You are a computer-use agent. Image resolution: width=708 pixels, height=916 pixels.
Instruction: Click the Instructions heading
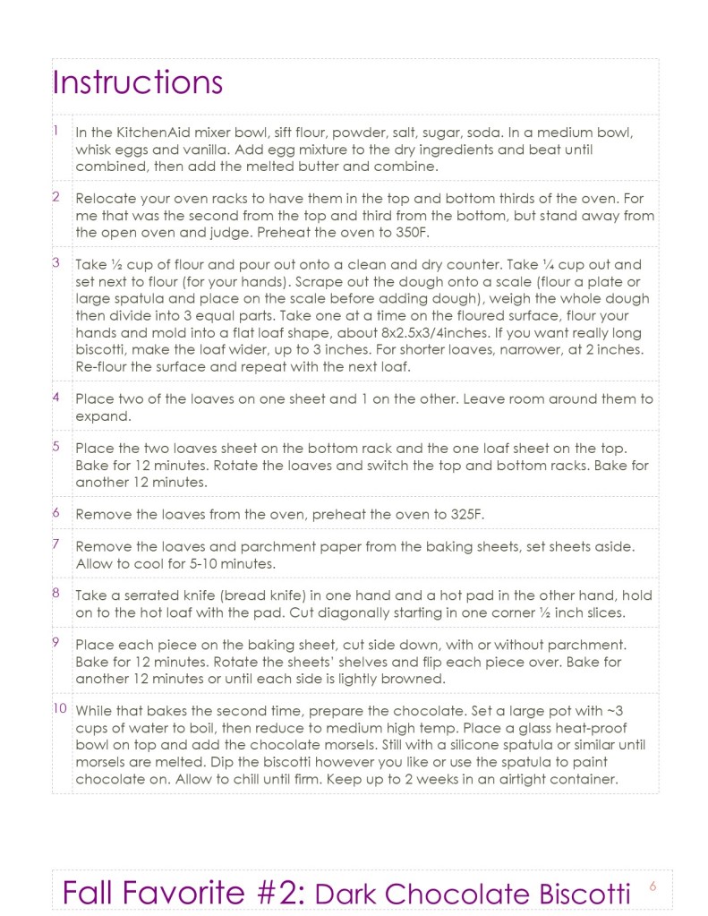tap(137, 82)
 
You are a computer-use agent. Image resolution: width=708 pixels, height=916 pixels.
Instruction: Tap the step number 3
tap(56, 262)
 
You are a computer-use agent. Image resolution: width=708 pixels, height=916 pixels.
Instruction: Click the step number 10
tap(60, 708)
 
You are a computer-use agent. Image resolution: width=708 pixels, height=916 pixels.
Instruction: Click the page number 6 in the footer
tap(653, 886)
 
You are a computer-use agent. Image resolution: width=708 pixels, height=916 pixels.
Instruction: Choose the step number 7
tap(56, 544)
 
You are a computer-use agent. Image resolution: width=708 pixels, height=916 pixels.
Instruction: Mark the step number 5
tap(56, 445)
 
